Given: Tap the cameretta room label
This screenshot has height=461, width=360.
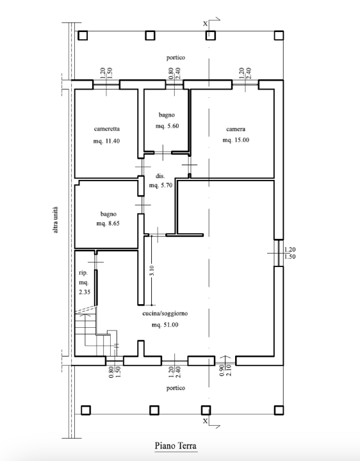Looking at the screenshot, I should coord(106,128).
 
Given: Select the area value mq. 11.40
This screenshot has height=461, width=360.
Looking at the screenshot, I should coord(106,141).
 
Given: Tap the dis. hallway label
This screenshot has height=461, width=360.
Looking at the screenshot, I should coord(160,175).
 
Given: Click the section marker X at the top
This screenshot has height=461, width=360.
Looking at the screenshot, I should coord(205,23).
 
